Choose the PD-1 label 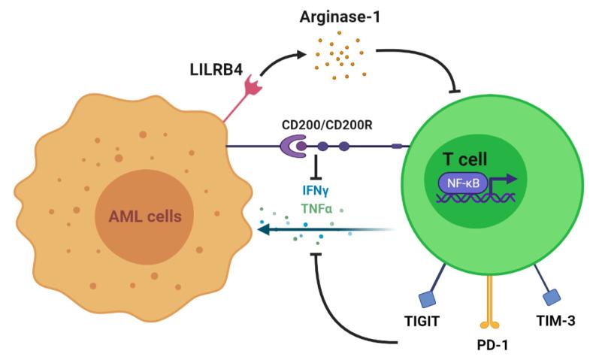492,346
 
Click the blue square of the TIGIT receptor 427,299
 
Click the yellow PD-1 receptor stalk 492,301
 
